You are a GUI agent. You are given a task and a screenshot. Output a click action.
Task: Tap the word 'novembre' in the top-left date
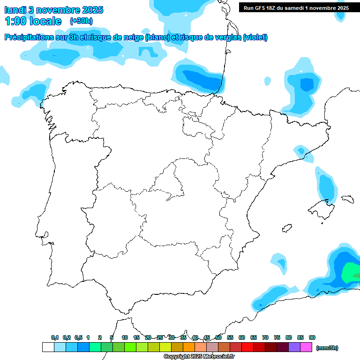tap(57, 10)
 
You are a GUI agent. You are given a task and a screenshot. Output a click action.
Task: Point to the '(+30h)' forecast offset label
tap(81, 21)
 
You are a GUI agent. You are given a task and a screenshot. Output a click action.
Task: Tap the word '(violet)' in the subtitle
tap(255, 37)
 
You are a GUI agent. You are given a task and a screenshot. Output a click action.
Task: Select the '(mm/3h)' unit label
tap(327, 348)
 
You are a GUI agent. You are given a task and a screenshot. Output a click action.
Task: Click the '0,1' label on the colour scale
tap(55, 337)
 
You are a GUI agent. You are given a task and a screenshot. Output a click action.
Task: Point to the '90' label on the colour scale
tap(312, 337)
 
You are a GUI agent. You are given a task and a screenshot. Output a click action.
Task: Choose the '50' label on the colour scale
tap(218, 337)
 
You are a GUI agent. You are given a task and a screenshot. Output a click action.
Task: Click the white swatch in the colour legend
tap(48, 347)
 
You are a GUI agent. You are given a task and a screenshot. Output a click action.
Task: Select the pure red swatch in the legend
tap(247, 347)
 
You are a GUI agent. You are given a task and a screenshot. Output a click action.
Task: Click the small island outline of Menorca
tap(347, 199)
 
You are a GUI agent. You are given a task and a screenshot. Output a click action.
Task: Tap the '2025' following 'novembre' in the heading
tap(93, 10)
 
